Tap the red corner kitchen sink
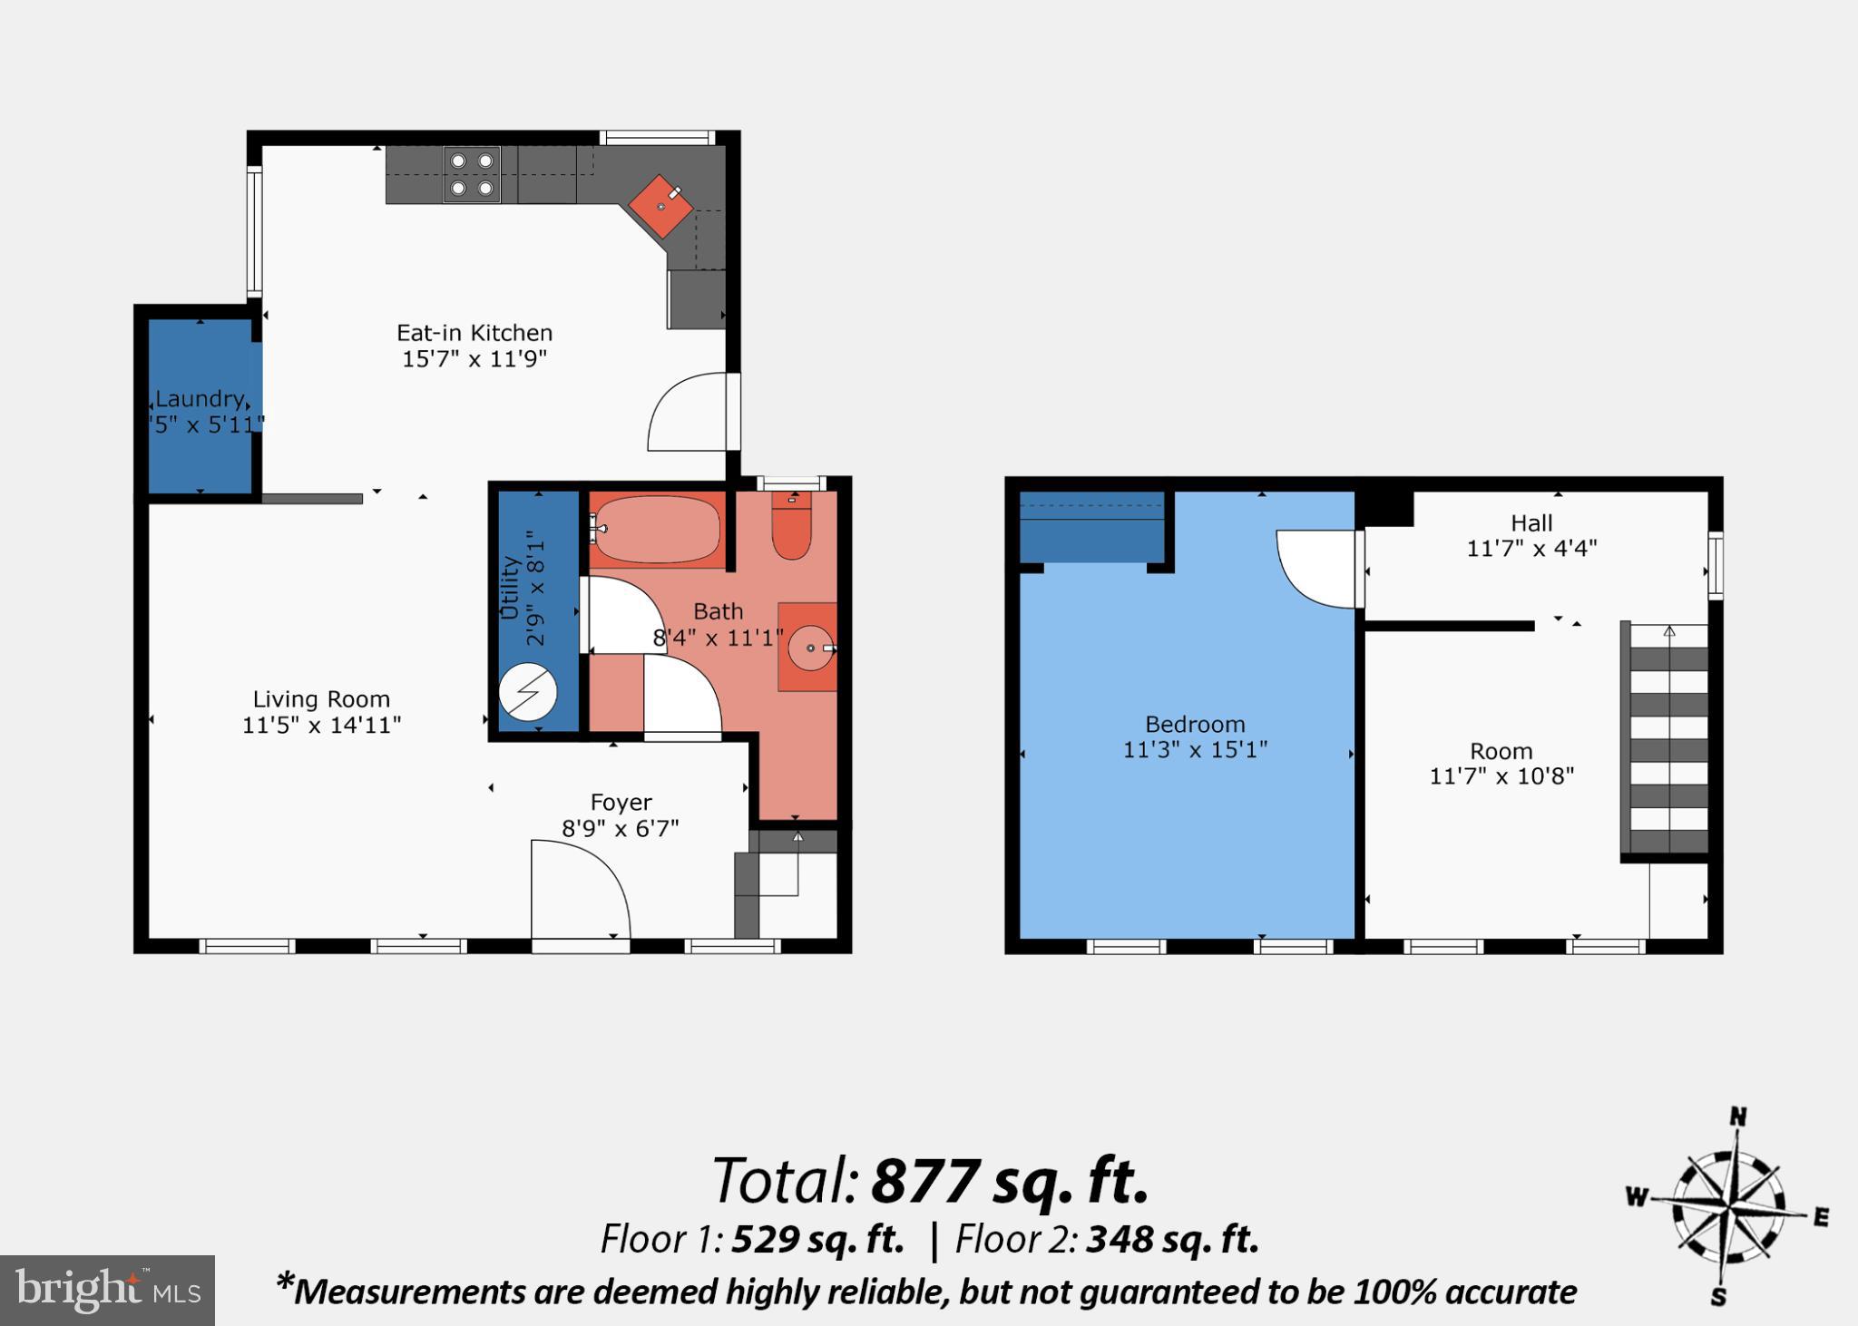(x=661, y=206)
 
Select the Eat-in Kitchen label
(x=474, y=333)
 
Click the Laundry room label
(x=199, y=399)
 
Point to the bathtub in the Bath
(x=658, y=530)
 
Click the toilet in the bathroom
(x=791, y=530)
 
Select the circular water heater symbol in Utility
(x=527, y=695)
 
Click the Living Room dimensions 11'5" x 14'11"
(x=321, y=726)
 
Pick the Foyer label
(x=621, y=803)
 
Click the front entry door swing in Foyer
(x=578, y=888)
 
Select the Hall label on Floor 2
(x=1531, y=523)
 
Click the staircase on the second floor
(x=1667, y=739)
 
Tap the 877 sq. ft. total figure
(x=1010, y=1181)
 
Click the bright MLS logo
(x=107, y=1290)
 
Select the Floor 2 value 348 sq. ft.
(x=1172, y=1239)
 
